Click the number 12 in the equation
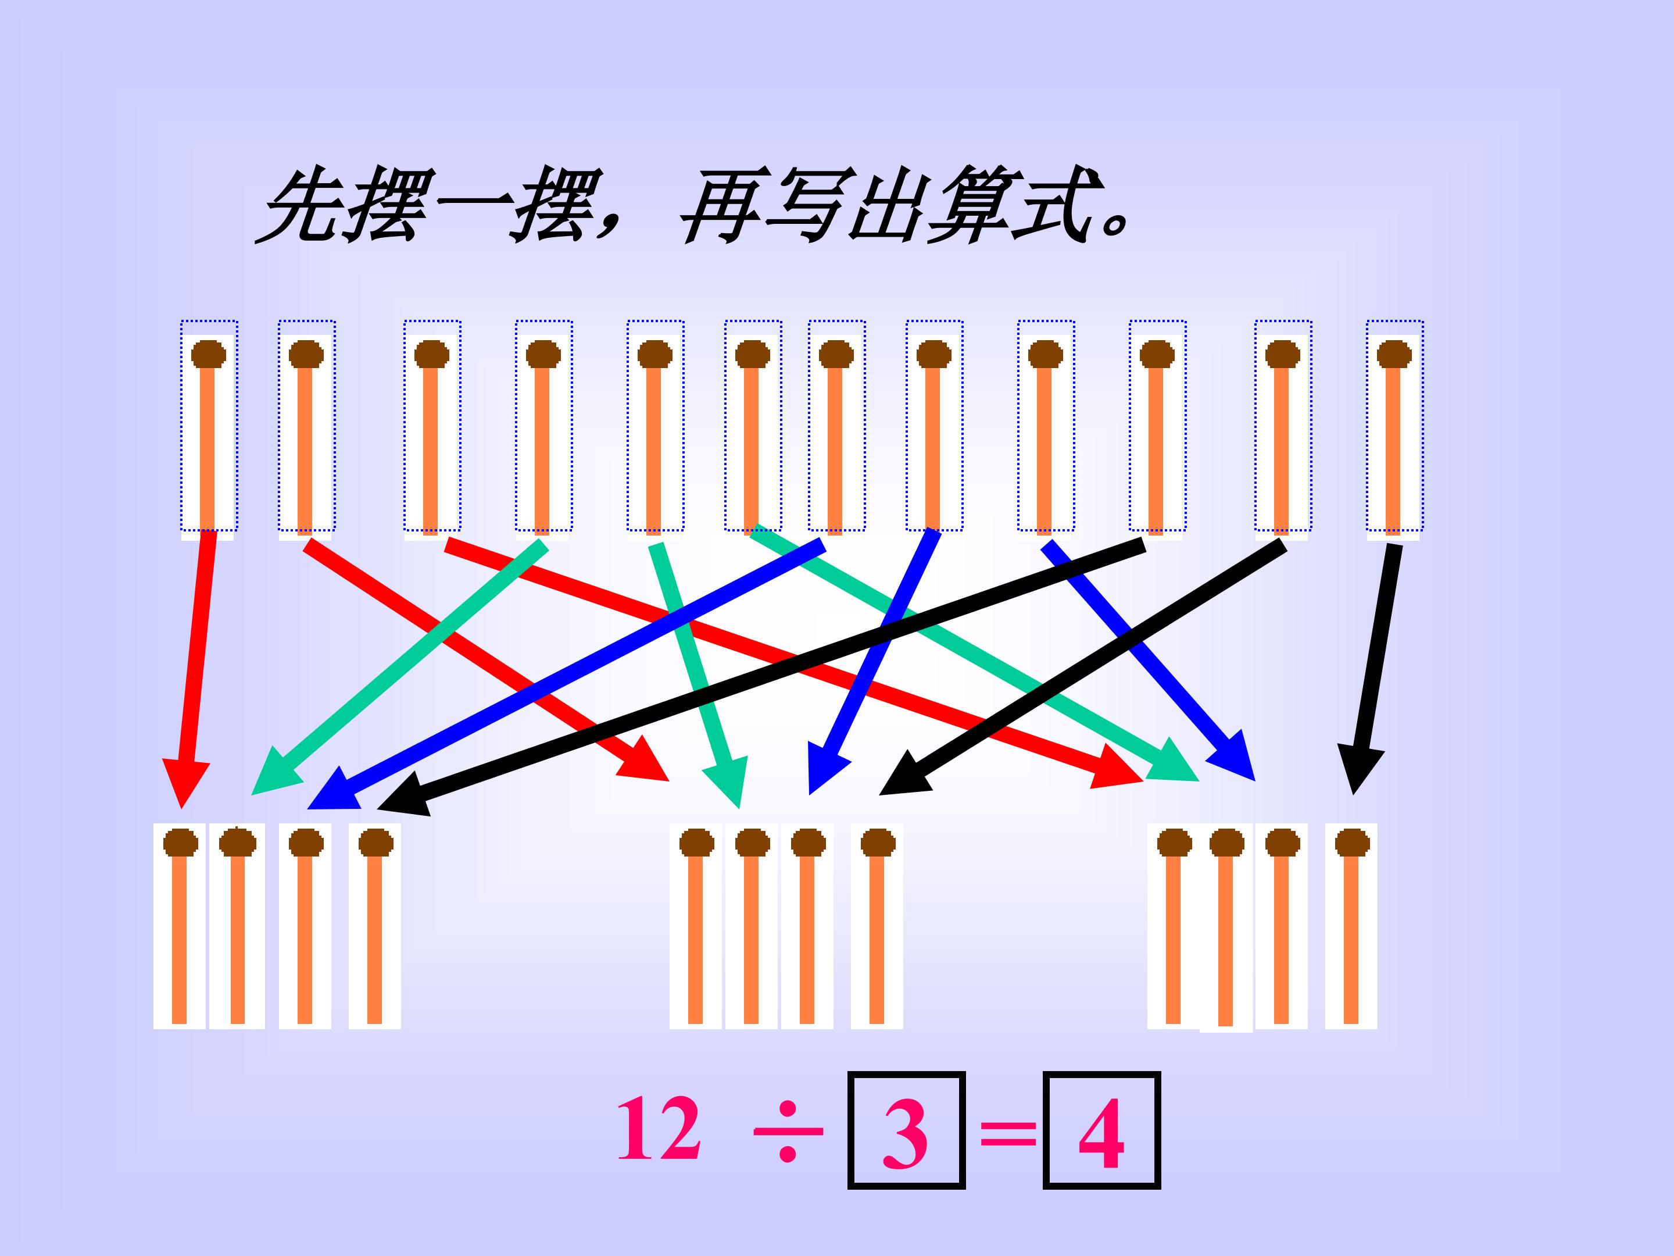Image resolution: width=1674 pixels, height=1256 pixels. pyautogui.click(x=659, y=1130)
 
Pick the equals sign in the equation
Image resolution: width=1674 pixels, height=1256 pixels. pyautogui.click(x=1008, y=1134)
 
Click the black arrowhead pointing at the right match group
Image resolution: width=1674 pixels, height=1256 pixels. pyautogui.click(x=1360, y=769)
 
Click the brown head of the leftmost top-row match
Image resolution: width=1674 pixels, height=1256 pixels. pyautogui.click(x=209, y=354)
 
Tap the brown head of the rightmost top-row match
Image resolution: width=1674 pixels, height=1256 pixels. pyautogui.click(x=1394, y=354)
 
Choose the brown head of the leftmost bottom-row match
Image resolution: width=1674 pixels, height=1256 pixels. pyautogui.click(x=181, y=843)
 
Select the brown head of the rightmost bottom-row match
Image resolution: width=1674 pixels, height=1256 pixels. pyautogui.click(x=1351, y=843)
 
